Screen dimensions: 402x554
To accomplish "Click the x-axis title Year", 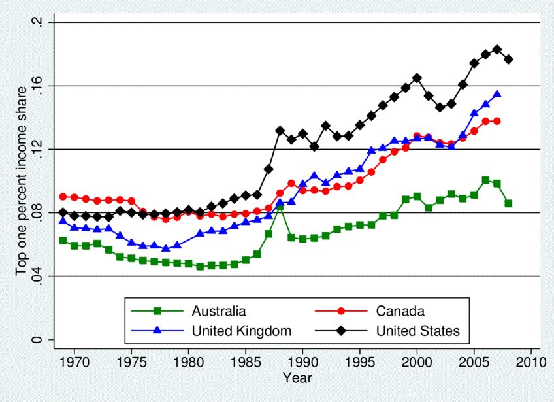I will [x=297, y=378].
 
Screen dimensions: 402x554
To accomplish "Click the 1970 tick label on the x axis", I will [x=74, y=360].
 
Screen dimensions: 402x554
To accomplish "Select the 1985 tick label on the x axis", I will [x=246, y=360].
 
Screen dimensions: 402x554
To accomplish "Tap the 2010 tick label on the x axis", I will [x=530, y=360].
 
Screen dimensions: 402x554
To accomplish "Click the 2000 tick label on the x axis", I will [x=417, y=360].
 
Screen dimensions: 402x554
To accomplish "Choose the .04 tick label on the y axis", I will [x=37, y=276].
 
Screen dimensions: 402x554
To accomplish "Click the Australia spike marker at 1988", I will [x=280, y=207].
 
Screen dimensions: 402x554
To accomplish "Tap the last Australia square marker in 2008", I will [x=508, y=203].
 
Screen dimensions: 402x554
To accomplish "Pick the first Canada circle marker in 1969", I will [x=63, y=197].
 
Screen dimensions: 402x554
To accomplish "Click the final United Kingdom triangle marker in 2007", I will [x=497, y=94].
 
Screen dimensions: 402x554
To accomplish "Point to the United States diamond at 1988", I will [x=280, y=131].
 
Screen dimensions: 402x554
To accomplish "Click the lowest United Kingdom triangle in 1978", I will [x=166, y=248].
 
